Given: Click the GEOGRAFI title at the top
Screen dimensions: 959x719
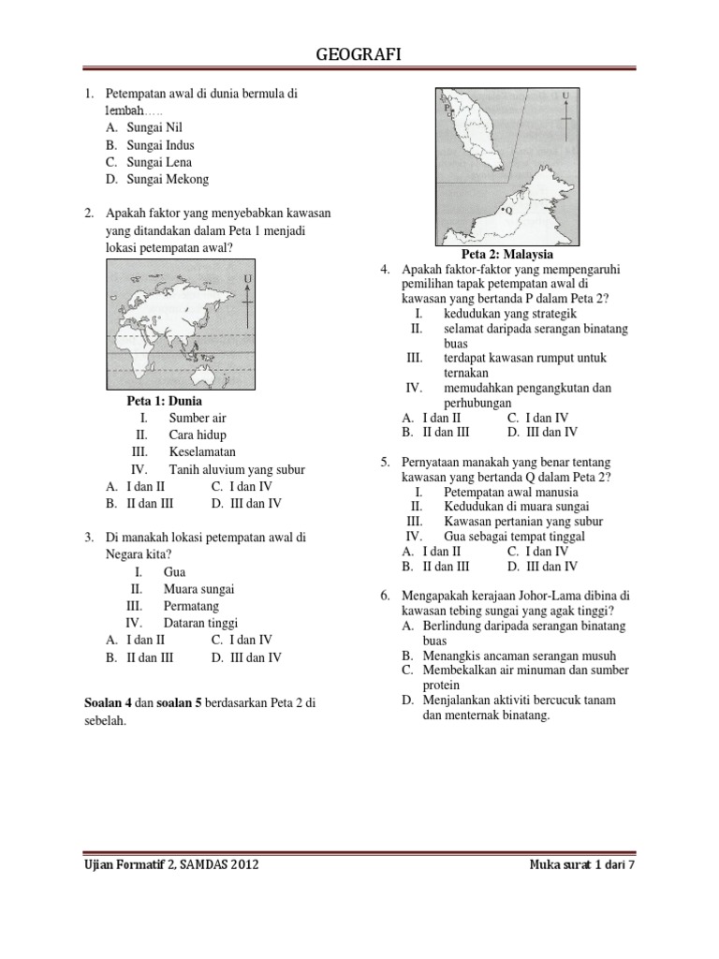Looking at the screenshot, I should point(359,57).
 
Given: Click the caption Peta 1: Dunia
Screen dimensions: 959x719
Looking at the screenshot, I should point(164,401).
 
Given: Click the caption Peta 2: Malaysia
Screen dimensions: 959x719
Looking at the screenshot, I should point(507,254).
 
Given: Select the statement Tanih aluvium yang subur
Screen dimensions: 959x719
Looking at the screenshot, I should point(237,469).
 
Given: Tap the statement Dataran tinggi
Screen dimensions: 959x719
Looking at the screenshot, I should point(200,623).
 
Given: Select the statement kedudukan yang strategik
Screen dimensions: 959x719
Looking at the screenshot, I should point(509,313).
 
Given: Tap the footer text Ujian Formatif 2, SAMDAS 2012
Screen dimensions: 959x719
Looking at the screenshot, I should point(171,864).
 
